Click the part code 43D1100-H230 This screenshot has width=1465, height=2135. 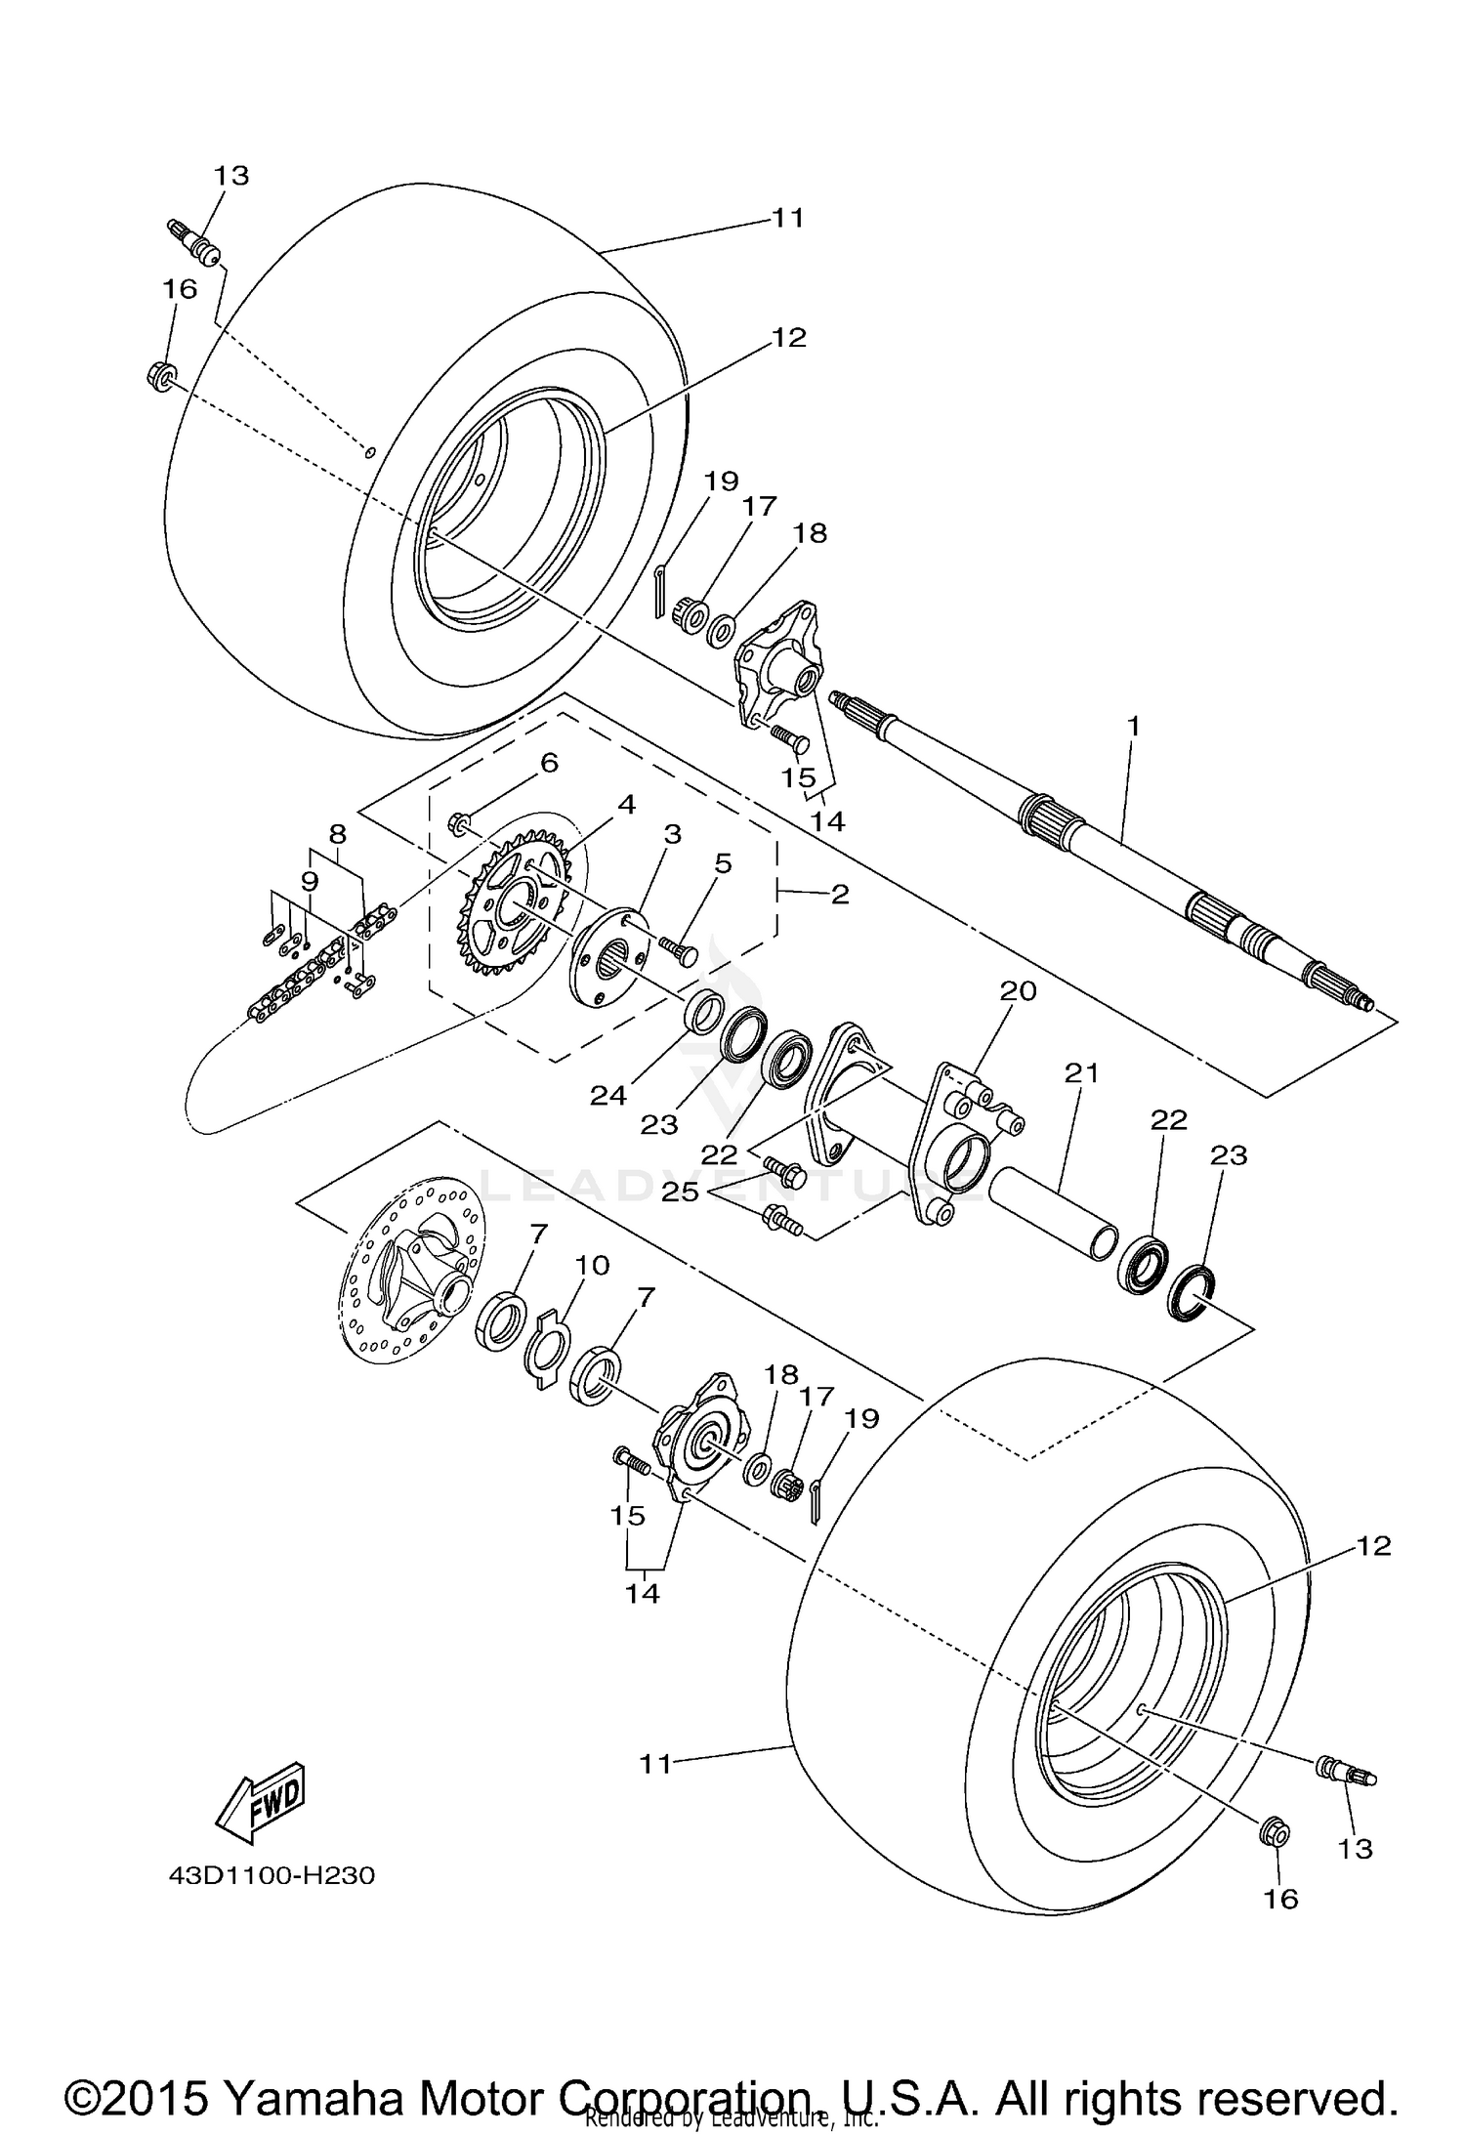point(272,1876)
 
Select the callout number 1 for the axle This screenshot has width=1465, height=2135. point(1133,727)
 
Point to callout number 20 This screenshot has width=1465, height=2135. point(1017,990)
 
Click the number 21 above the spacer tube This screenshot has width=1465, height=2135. point(1081,1073)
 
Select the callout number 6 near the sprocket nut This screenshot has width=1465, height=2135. point(549,763)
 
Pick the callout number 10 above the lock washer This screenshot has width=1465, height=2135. point(592,1265)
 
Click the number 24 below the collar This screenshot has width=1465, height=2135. point(607,1096)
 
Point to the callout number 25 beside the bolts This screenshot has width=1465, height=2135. point(681,1192)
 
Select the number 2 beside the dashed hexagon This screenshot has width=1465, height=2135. point(840,893)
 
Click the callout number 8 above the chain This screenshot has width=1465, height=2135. point(337,834)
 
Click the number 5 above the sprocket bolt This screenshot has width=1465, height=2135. point(723,863)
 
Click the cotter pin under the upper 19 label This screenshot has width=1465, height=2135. point(658,591)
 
